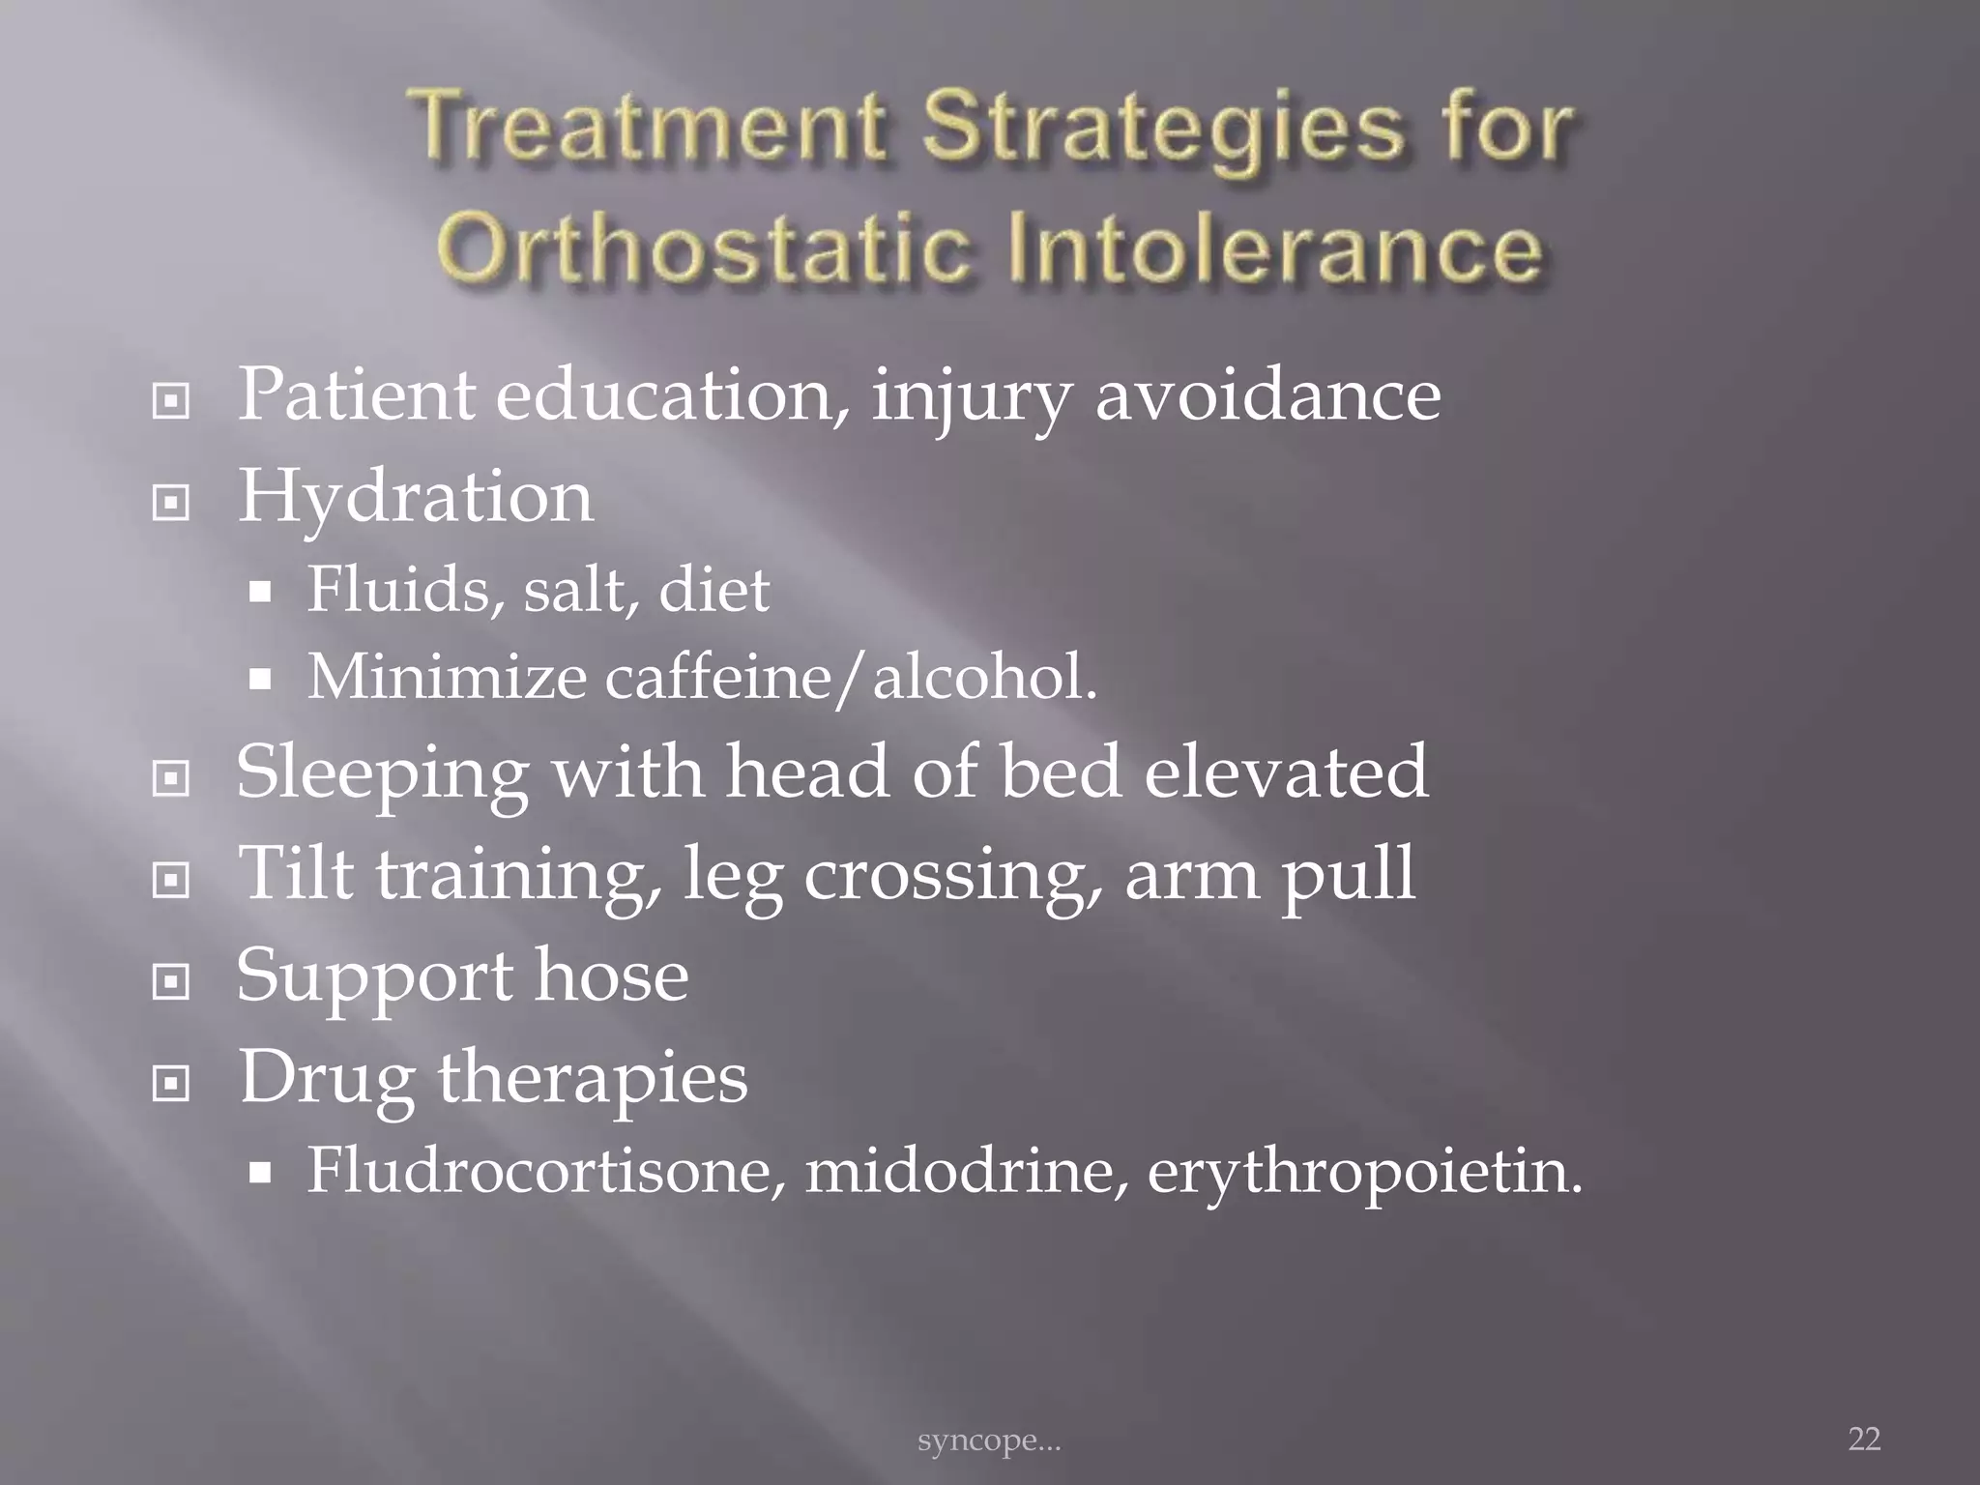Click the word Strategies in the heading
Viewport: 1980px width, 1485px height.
(x=1161, y=130)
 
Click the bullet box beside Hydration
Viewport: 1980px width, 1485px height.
(x=171, y=502)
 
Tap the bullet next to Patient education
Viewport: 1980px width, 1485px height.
(x=171, y=400)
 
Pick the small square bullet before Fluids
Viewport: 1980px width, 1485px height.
(x=259, y=592)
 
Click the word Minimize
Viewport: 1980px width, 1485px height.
(x=447, y=676)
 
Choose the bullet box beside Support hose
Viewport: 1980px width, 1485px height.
(x=171, y=982)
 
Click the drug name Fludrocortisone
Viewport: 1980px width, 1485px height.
(x=545, y=1170)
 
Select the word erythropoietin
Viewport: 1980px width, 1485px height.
(x=1363, y=1172)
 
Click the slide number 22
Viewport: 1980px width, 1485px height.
(x=1864, y=1439)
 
